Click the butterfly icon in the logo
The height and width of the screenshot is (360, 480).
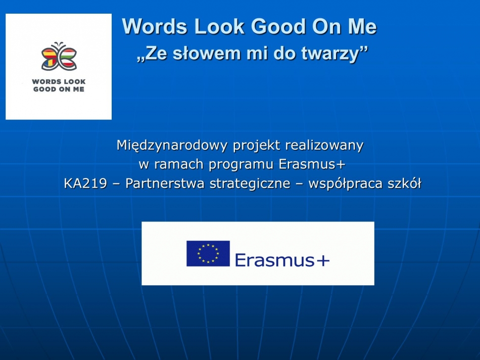(x=59, y=56)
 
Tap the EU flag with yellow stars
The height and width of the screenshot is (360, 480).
(x=208, y=253)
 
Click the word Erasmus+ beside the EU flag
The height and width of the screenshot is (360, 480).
(x=282, y=260)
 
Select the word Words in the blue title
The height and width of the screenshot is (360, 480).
(x=155, y=26)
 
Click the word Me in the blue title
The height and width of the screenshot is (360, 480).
(x=362, y=26)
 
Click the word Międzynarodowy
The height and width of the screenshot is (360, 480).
(x=172, y=145)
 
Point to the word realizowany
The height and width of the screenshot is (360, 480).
(x=324, y=145)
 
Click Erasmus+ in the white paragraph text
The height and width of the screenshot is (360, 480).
(x=312, y=164)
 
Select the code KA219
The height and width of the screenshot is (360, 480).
(x=85, y=184)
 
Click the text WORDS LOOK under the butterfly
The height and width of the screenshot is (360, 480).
(x=59, y=82)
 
